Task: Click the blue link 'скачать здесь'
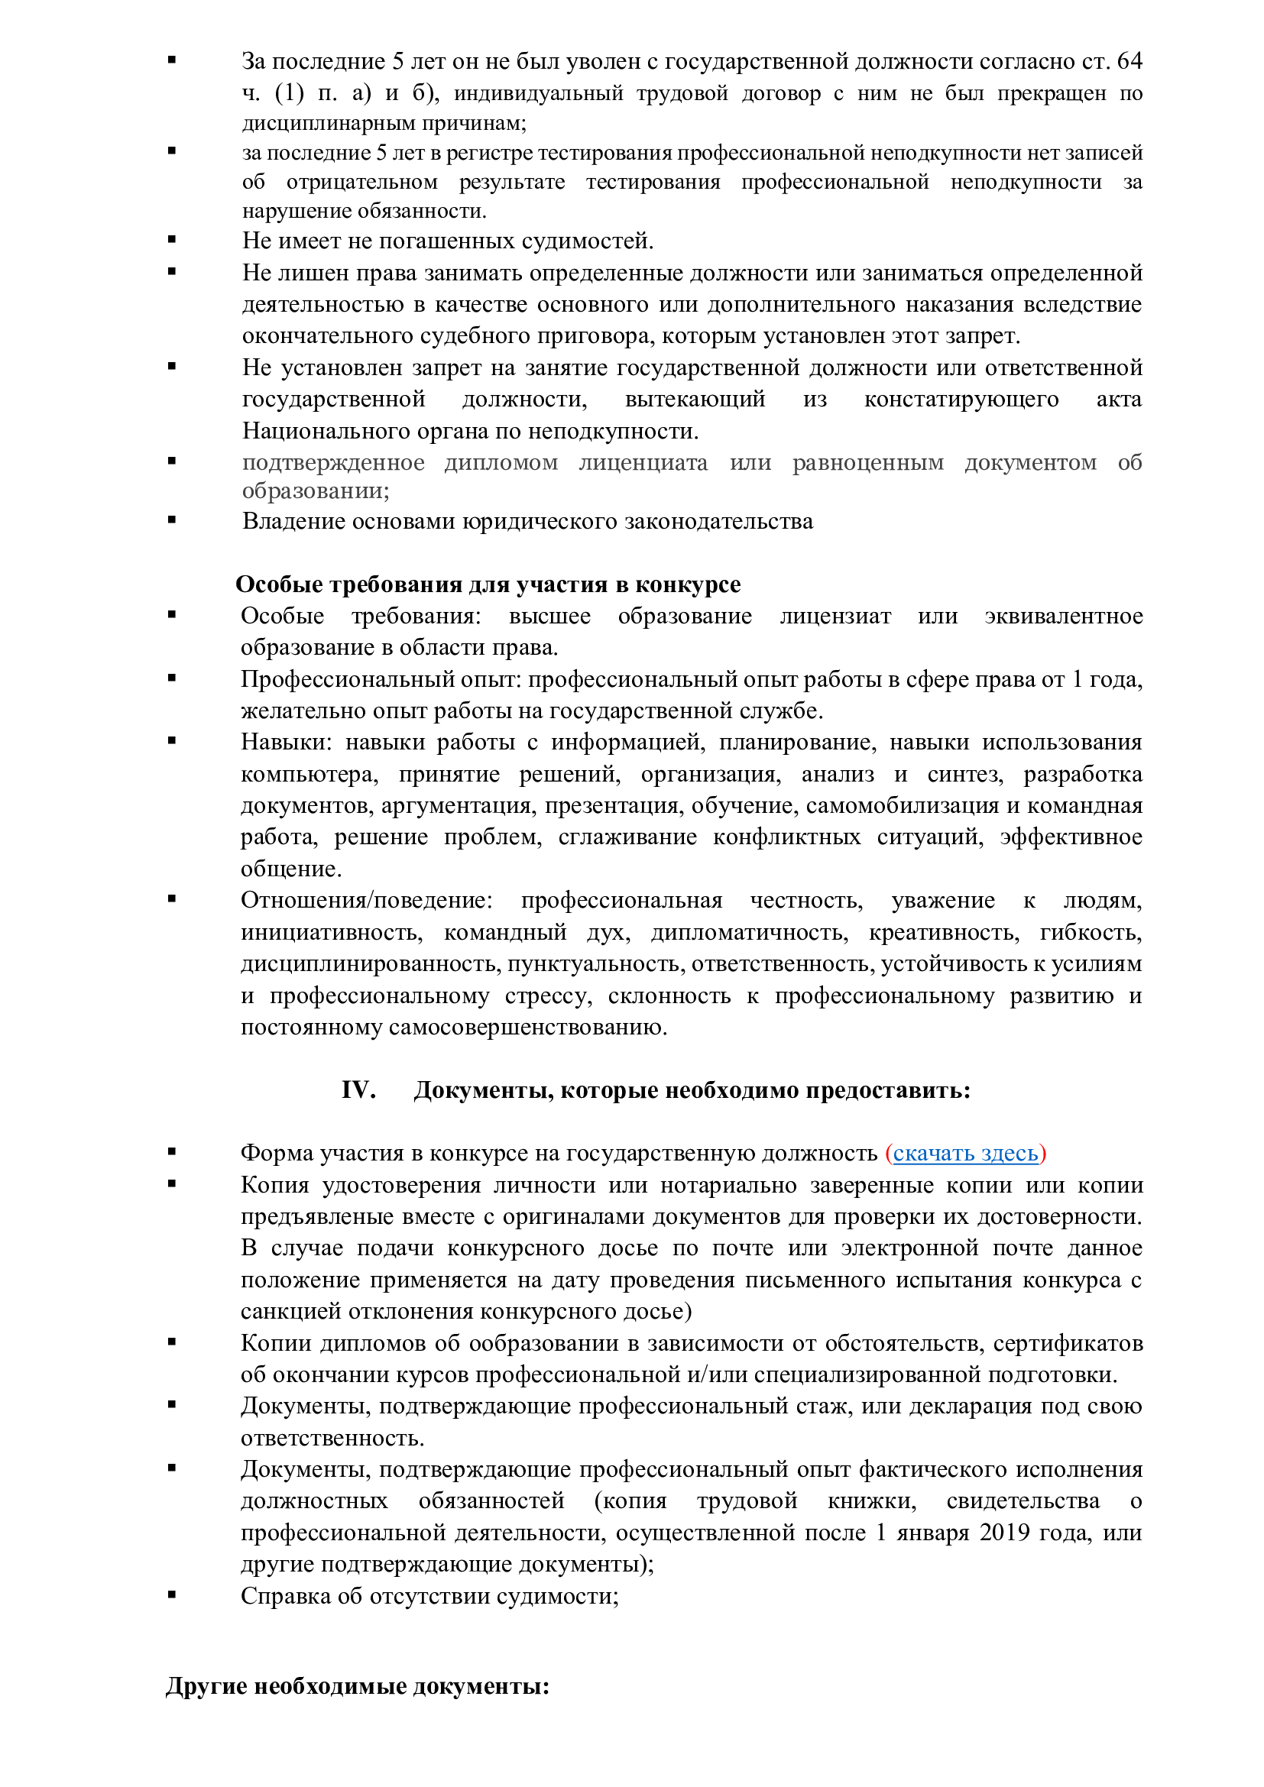[x=965, y=1153]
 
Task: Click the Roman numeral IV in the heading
[x=358, y=1089]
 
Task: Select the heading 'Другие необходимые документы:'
[x=357, y=1686]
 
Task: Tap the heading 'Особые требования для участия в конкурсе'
[x=488, y=584]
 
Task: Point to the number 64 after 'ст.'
[x=1129, y=60]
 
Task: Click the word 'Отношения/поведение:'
[x=367, y=901]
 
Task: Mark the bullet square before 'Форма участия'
[x=172, y=1151]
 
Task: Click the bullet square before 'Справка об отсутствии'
[x=172, y=1594]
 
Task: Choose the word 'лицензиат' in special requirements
[x=835, y=616]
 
